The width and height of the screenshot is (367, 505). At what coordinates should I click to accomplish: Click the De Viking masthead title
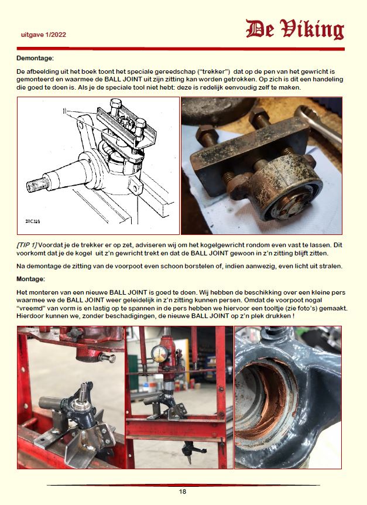294,29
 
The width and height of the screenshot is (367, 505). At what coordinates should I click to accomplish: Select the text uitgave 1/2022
43,35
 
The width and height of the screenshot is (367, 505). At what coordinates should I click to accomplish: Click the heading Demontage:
35,58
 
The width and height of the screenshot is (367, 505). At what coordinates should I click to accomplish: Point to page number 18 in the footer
183,492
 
